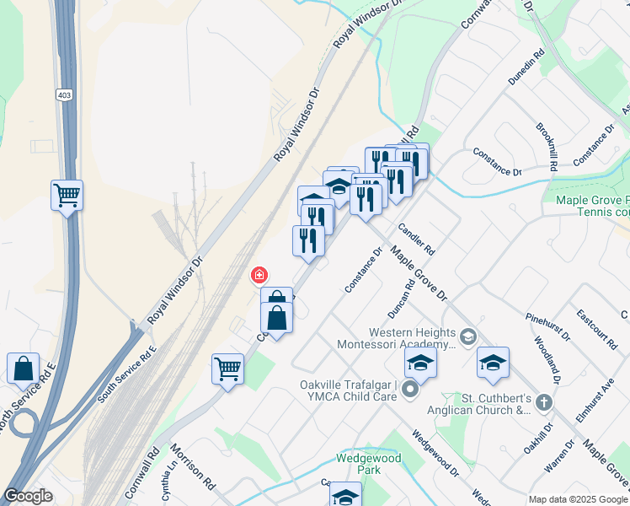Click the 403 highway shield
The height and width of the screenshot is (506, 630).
coord(64,94)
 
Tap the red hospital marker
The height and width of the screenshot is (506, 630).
coord(259,274)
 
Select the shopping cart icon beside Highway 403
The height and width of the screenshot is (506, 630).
coord(67,196)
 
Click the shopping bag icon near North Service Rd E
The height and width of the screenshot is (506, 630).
coord(24,369)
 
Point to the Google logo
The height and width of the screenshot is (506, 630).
coord(28,496)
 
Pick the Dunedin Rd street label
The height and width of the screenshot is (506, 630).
coord(526,67)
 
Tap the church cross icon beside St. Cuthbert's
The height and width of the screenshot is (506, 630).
coord(544,403)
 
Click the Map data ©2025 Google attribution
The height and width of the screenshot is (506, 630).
coord(577,498)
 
